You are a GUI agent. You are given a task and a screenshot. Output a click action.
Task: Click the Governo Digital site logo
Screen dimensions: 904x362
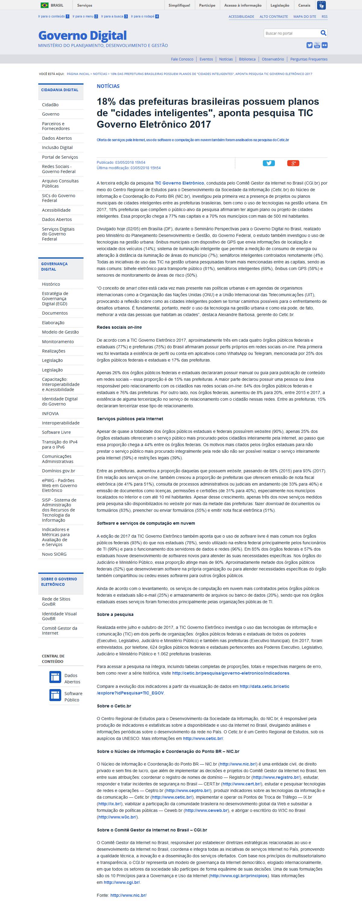(82, 36)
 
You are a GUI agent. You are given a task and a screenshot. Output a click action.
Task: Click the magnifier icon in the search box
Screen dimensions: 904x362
(323, 33)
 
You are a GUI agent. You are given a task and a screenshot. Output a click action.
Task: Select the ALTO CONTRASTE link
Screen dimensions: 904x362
(273, 17)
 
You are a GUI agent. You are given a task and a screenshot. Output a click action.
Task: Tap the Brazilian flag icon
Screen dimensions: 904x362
(45, 5)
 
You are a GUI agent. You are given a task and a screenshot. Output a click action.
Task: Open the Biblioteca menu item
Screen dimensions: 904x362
(247, 59)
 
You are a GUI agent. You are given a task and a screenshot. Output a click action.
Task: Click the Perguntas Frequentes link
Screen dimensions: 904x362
(309, 59)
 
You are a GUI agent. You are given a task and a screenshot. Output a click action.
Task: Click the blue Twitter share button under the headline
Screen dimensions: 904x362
(269, 163)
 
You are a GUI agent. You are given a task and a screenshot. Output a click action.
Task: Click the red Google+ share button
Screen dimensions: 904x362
(293, 163)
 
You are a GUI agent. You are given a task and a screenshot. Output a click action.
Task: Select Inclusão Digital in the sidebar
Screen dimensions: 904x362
(57, 148)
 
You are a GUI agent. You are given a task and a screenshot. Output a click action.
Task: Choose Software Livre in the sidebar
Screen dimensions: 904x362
(56, 432)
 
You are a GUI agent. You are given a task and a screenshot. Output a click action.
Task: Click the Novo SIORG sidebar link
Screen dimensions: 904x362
(54, 554)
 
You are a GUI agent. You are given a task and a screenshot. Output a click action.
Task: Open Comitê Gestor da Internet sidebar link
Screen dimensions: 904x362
(59, 631)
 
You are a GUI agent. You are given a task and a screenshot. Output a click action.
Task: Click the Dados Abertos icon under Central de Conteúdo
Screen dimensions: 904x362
(55, 677)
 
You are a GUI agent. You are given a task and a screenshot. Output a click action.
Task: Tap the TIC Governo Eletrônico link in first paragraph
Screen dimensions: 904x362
(179, 183)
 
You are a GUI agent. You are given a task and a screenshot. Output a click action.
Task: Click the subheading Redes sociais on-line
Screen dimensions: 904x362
(119, 327)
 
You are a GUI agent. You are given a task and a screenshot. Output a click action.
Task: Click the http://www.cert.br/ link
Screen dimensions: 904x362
(241, 784)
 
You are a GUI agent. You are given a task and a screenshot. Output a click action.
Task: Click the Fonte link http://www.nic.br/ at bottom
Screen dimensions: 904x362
(128, 895)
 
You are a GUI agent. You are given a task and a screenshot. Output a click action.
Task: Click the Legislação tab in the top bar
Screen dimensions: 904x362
(280, 5)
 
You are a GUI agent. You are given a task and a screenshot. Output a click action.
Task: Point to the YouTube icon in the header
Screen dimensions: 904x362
(317, 45)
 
